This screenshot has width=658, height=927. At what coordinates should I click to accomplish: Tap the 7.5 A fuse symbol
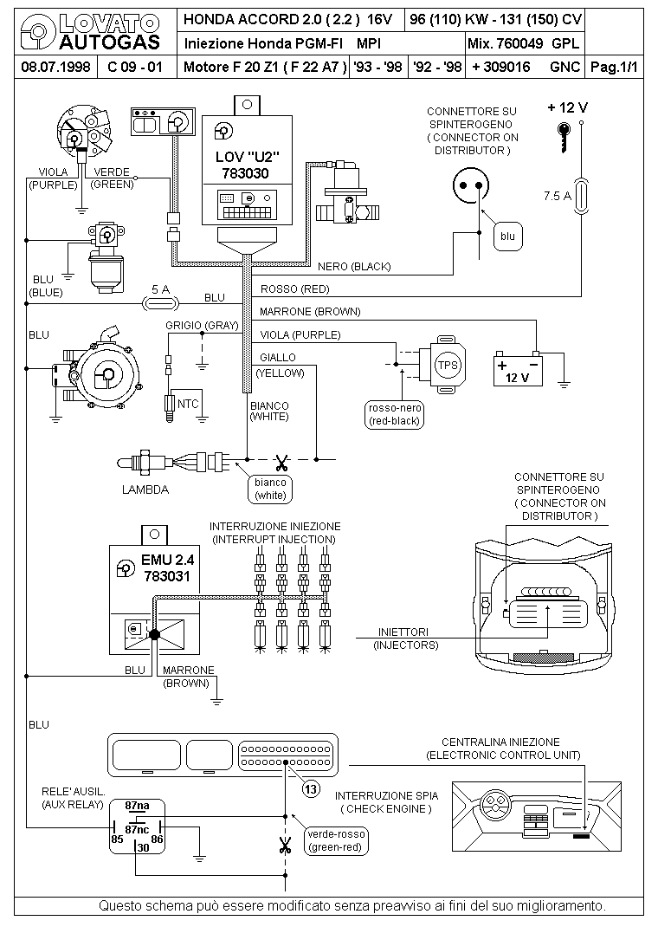click(x=581, y=196)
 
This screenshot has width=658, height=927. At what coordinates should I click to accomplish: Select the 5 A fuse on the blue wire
click(x=160, y=303)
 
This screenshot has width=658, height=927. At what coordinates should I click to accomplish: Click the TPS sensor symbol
click(x=447, y=365)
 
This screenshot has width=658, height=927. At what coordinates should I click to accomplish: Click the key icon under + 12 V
click(x=565, y=138)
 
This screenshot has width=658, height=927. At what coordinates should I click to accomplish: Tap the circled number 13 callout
click(x=312, y=788)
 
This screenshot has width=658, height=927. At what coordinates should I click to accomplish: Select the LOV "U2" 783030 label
click(x=247, y=165)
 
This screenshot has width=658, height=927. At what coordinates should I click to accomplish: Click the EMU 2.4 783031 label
click(x=168, y=567)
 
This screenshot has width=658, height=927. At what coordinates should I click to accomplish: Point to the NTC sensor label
click(x=188, y=404)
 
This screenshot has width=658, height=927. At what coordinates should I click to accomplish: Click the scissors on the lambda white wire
click(x=281, y=460)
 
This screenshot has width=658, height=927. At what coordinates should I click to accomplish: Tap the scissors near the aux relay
click(x=286, y=846)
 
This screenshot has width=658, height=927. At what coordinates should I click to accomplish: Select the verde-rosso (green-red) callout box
click(x=336, y=840)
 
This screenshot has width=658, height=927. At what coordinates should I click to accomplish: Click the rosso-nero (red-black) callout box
click(x=395, y=414)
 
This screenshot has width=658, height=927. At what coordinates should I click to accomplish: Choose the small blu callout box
click(x=507, y=237)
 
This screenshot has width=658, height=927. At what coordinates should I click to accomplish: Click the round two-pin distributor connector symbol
click(x=471, y=185)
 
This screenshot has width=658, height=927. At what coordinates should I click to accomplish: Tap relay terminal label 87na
click(x=137, y=805)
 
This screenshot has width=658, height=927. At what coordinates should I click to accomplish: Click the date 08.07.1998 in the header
click(x=55, y=67)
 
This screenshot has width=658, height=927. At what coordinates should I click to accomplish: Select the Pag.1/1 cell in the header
click(x=615, y=67)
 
